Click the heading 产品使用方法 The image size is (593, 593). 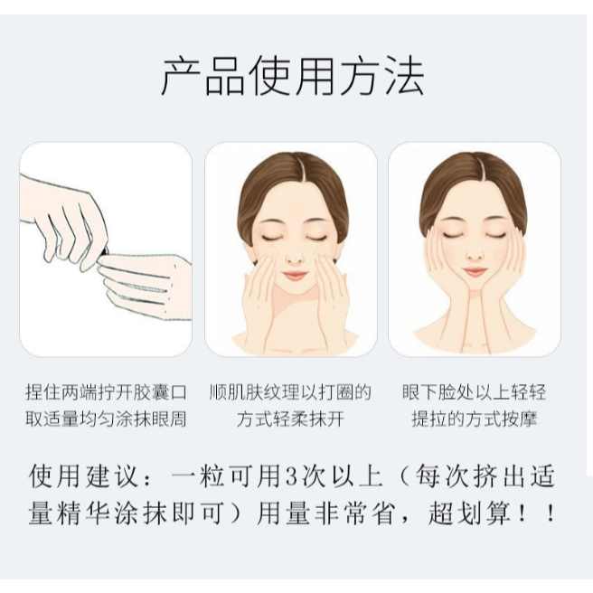(x=293, y=77)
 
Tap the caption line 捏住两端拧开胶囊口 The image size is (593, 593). (x=106, y=392)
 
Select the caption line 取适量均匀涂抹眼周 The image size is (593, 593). (x=106, y=419)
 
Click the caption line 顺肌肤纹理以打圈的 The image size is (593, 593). (x=290, y=392)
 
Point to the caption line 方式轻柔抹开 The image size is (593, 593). (x=290, y=419)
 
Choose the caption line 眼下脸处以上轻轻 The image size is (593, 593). (x=475, y=392)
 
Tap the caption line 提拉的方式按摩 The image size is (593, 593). (x=475, y=419)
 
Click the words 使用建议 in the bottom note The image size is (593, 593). (x=83, y=476)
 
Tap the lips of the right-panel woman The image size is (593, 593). (x=475, y=271)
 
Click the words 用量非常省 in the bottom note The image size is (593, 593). (x=324, y=513)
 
